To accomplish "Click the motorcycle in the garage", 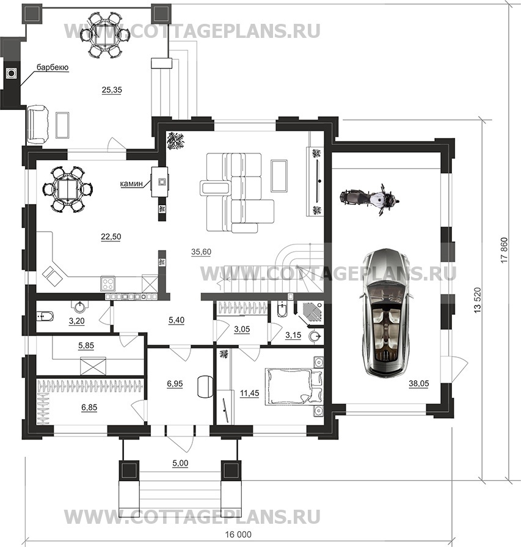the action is (370, 199).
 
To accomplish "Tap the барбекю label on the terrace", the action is (53, 67).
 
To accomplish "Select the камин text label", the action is (131, 184).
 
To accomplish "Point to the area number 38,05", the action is (419, 384).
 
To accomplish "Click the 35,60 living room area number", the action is (201, 252).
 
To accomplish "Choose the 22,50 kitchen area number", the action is (111, 237).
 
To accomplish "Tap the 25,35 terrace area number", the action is (112, 90).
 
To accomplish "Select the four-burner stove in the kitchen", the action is (108, 284).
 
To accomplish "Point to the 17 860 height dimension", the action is (504, 251).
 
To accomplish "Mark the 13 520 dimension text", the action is (478, 300).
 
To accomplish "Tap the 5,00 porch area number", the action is (180, 463).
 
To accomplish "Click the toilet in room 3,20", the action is (45, 317).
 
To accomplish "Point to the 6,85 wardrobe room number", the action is (89, 408).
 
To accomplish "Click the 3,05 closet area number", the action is (242, 329).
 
